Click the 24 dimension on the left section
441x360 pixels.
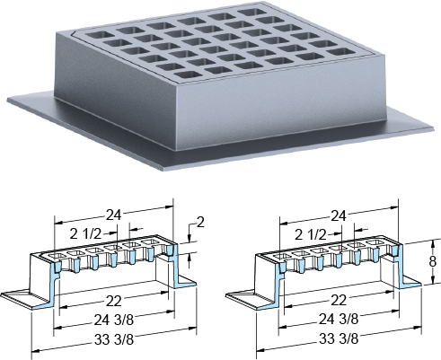113,215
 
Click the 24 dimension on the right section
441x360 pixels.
339,215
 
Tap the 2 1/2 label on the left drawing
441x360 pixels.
85,234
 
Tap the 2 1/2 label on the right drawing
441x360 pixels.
310,235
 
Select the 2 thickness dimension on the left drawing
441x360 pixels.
200,223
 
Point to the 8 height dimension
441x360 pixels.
433,262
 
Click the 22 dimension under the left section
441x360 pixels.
113,301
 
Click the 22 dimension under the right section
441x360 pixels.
339,300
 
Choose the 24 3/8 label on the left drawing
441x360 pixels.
114,320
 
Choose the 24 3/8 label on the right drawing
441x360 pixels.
339,319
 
